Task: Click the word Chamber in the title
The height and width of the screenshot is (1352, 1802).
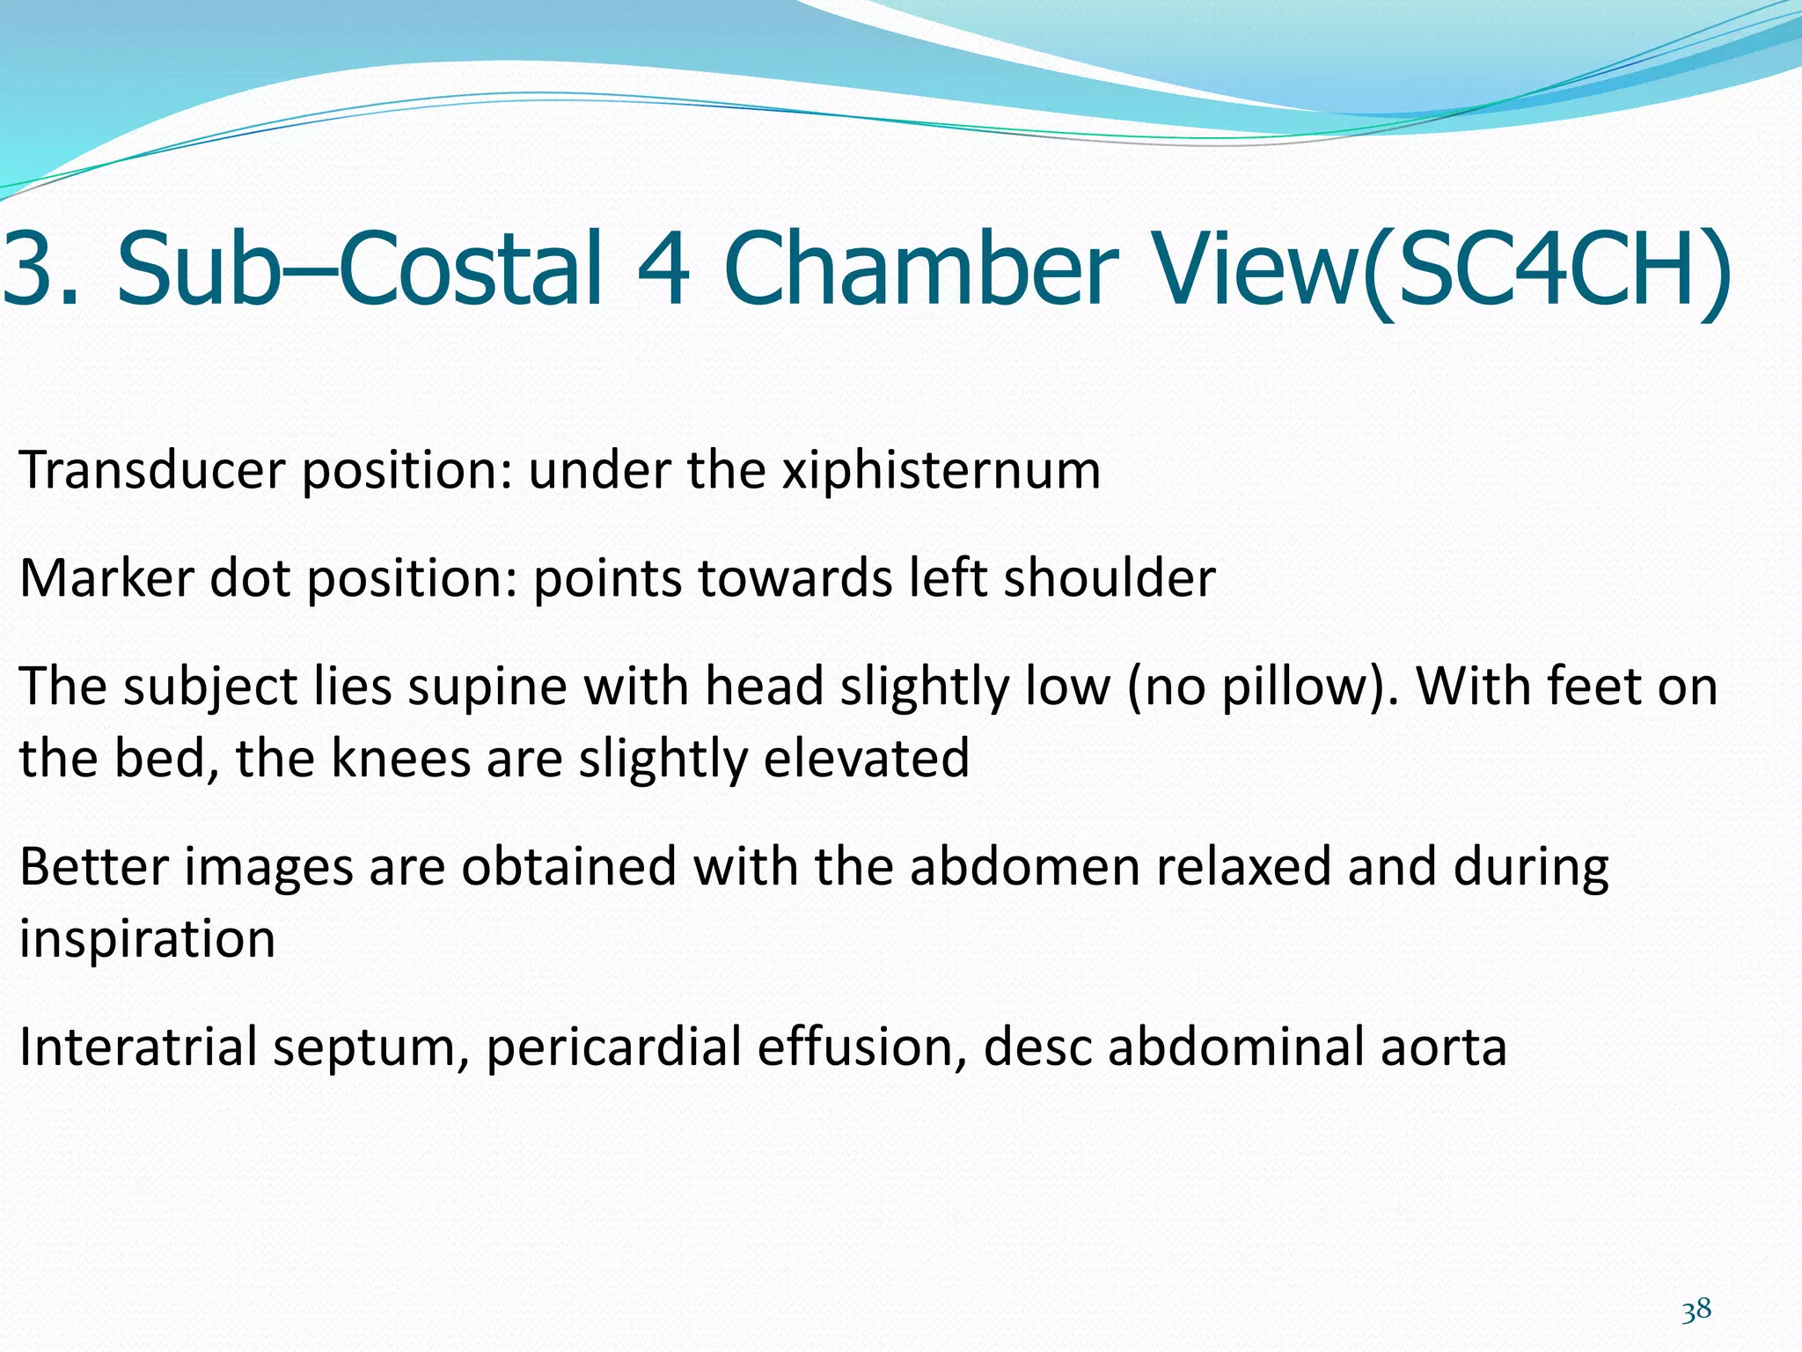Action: (919, 268)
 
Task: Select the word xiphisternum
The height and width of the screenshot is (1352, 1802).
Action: (941, 471)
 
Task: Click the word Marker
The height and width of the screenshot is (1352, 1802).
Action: (106, 578)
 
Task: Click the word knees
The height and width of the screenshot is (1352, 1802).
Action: (400, 759)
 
